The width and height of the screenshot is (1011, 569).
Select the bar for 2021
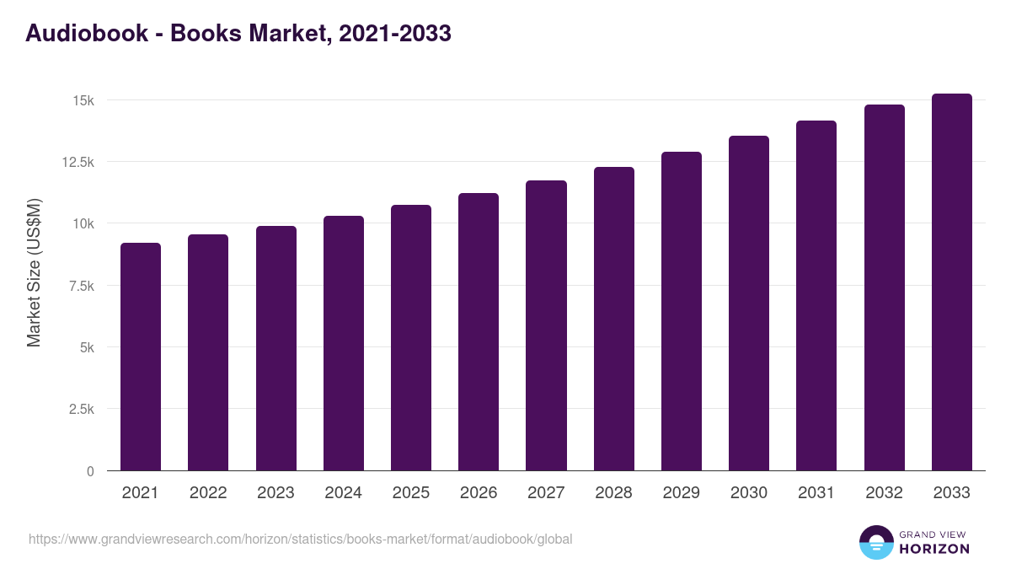141,357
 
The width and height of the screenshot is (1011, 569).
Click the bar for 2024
344,343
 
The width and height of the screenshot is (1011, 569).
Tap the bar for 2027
546,325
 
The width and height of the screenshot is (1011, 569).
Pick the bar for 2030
749,303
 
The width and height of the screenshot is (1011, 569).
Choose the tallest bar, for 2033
951,282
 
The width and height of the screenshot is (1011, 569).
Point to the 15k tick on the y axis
83,100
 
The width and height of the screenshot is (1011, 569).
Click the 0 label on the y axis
90,471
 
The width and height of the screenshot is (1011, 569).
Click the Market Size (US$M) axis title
34,273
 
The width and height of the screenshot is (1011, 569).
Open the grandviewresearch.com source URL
300,539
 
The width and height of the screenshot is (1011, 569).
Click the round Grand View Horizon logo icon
876,542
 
